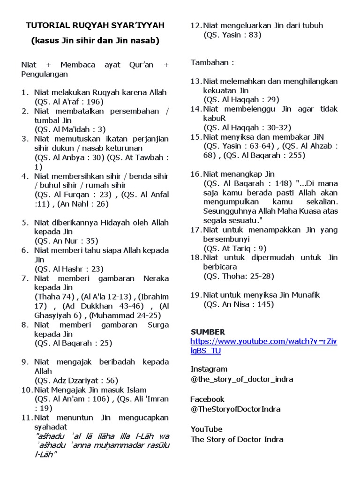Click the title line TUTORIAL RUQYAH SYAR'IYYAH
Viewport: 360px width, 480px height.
coord(95,25)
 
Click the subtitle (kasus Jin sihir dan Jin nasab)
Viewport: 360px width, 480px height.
coord(95,41)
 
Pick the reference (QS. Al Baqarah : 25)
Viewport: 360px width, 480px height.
coord(73,343)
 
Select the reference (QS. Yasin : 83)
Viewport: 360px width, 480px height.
coord(232,35)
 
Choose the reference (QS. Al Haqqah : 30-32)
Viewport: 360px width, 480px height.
coord(247,127)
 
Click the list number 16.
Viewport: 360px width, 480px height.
coord(195,174)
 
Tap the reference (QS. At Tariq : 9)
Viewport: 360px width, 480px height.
coord(235,248)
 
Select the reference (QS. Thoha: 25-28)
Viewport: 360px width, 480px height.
coord(239,276)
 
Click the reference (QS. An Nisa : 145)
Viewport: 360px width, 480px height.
coord(239,304)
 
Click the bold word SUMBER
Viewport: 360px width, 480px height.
coord(208,332)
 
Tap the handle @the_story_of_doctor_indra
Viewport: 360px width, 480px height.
coord(242,379)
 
